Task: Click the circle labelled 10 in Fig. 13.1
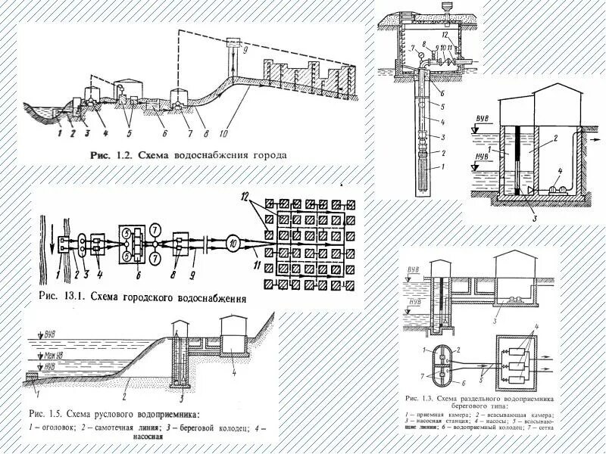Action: point(233,243)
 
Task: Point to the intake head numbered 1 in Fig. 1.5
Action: point(33,376)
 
